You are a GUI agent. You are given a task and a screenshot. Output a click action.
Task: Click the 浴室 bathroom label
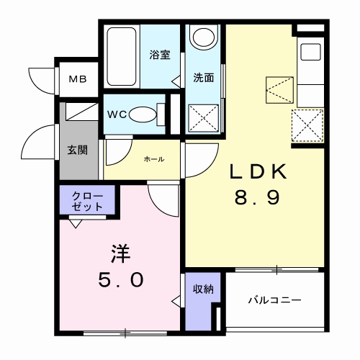click(x=159, y=55)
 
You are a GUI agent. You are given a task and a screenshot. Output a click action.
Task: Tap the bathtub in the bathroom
click(x=125, y=57)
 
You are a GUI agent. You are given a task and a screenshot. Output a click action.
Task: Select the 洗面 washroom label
click(x=203, y=78)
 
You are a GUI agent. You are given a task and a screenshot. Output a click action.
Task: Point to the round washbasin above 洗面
click(x=204, y=37)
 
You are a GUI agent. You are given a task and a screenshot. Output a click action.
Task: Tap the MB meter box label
click(x=77, y=78)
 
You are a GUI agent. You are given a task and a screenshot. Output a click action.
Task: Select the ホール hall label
click(x=153, y=158)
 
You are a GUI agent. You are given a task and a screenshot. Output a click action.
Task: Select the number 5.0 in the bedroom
click(x=121, y=279)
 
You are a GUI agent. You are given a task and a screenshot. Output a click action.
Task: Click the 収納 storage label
click(x=202, y=289)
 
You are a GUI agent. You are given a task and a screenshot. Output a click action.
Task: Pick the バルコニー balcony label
click(x=274, y=300)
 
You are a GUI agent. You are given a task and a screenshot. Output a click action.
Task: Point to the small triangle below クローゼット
click(x=75, y=222)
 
